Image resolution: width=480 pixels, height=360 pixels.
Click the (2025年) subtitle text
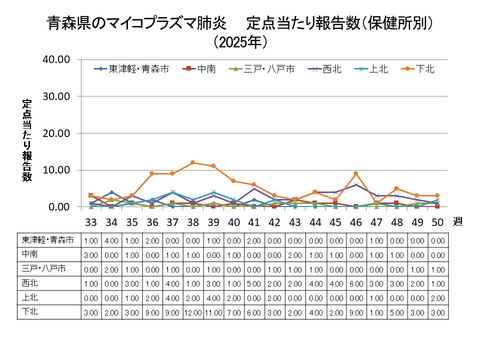click(240, 42)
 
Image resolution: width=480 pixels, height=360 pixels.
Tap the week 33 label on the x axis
click(91, 222)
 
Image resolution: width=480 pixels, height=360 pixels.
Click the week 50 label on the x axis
click(437, 222)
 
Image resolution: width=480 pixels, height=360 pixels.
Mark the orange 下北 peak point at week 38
click(193, 163)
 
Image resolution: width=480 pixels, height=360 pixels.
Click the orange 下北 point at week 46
click(356, 174)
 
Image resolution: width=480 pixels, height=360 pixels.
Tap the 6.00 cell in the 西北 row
click(356, 283)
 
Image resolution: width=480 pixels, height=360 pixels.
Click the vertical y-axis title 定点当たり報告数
click(27, 140)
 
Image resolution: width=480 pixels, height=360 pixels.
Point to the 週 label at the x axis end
click(458, 222)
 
